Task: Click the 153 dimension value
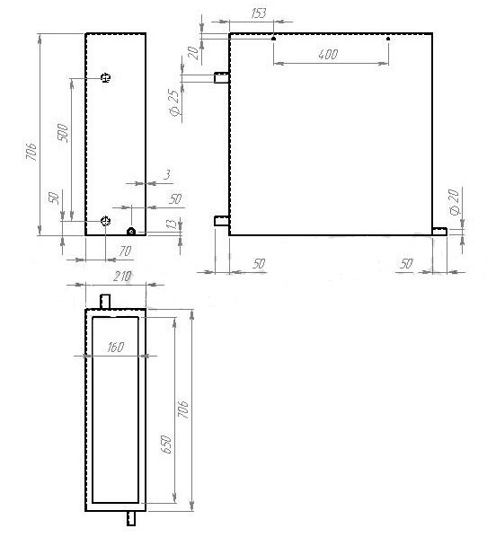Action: [x=259, y=13]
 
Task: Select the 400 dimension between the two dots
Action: [x=328, y=54]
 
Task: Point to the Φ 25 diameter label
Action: [x=174, y=102]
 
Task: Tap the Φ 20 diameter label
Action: [x=454, y=202]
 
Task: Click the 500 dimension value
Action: [x=63, y=133]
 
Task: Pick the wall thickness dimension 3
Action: [x=167, y=175]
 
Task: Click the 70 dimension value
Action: [x=125, y=251]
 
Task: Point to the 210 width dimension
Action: [x=122, y=276]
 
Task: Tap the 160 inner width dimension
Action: [x=116, y=348]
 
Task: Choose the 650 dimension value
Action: [x=166, y=445]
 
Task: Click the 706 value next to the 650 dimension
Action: [x=183, y=409]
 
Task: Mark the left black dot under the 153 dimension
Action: [x=273, y=39]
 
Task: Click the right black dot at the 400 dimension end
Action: [x=388, y=39]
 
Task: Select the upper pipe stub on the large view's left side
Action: [x=222, y=78]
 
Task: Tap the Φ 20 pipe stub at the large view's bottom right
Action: [x=439, y=232]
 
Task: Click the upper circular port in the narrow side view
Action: [x=105, y=78]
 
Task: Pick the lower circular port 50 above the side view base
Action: [x=105, y=221]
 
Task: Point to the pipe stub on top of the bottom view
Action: [x=105, y=302]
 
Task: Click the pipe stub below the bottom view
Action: [x=131, y=518]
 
